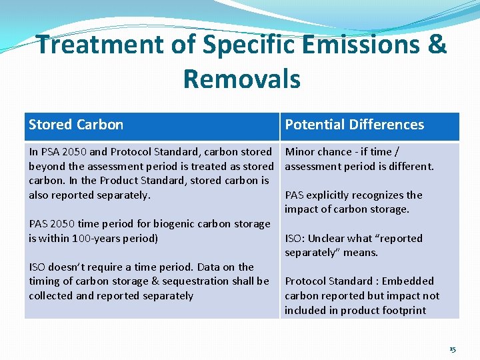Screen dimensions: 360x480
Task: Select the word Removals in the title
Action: [x=241, y=79]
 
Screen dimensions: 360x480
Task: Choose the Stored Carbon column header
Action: [x=76, y=125]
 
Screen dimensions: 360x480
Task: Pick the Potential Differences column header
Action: [x=354, y=125]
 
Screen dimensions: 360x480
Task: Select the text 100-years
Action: [x=98, y=238]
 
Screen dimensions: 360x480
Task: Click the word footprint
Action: [x=403, y=310]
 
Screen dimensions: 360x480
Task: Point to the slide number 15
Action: [x=452, y=349]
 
